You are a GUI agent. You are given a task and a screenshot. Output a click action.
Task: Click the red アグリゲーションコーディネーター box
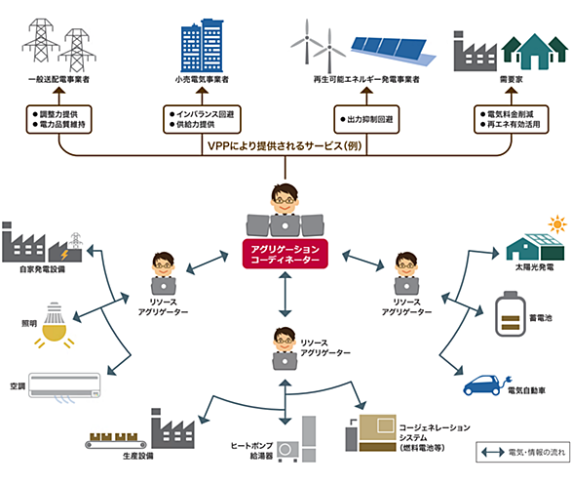click(x=285, y=254)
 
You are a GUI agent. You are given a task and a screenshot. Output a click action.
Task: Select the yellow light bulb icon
click(x=55, y=325)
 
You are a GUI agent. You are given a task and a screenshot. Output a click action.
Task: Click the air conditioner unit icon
click(x=64, y=385)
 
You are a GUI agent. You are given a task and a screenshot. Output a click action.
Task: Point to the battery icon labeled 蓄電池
click(x=511, y=313)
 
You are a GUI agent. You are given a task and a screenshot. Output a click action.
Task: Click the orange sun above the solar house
click(x=557, y=223)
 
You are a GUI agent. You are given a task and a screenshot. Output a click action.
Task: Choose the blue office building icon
click(x=202, y=46)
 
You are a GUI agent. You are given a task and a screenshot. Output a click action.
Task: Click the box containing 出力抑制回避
click(x=366, y=119)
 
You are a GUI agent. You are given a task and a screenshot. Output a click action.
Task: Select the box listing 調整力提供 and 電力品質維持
click(x=58, y=119)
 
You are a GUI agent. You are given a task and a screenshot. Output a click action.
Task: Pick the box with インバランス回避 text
click(x=202, y=119)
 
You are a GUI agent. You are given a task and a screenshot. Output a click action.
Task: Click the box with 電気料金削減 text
click(x=512, y=119)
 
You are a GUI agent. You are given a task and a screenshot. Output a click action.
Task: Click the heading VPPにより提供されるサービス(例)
click(x=285, y=145)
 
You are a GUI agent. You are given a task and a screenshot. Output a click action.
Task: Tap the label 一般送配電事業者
click(x=58, y=79)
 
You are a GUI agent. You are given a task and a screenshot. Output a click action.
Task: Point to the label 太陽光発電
click(x=534, y=267)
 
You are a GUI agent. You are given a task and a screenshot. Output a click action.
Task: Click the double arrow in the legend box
click(x=493, y=453)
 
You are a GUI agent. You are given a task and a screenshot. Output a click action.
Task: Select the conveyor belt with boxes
click(x=116, y=440)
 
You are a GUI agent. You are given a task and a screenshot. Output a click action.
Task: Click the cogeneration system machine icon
click(x=370, y=433)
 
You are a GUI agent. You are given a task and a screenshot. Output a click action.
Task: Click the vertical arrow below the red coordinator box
click(x=285, y=295)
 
